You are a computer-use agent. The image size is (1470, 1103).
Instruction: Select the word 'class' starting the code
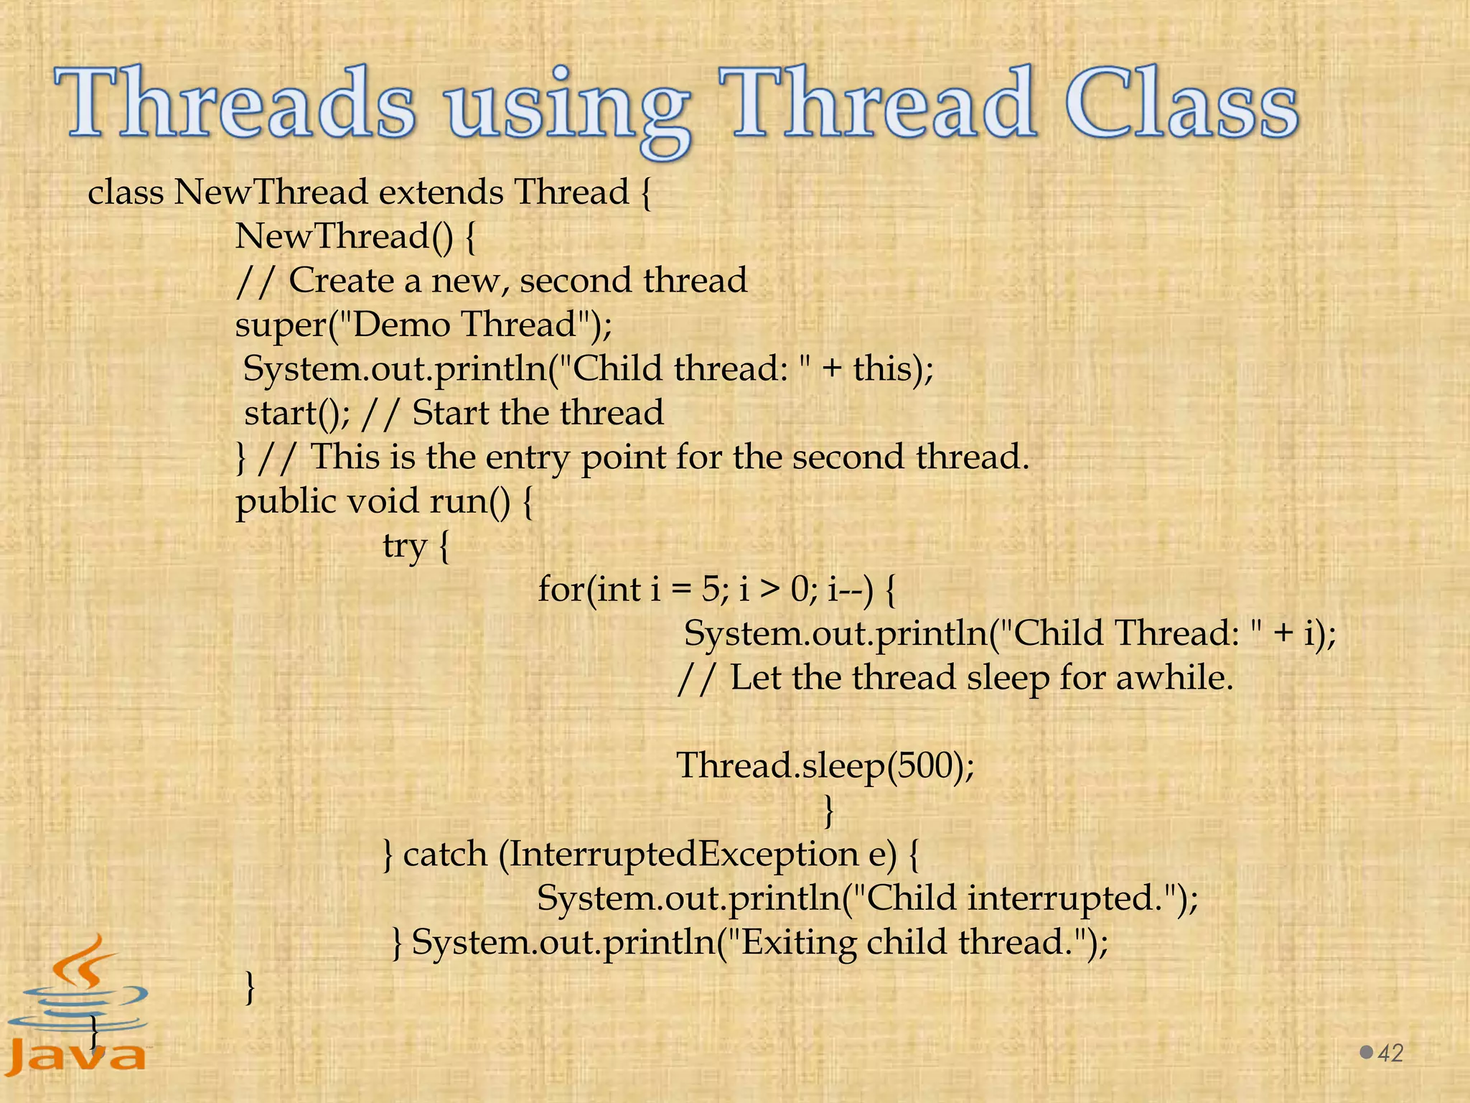click(x=125, y=192)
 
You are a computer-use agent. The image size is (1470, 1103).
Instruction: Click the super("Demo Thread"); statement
click(x=423, y=324)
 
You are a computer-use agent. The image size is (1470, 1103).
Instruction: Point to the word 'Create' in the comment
click(x=340, y=280)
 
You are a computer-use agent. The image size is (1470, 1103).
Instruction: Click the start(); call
click(x=297, y=413)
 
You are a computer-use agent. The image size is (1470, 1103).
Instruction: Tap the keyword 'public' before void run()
click(x=286, y=501)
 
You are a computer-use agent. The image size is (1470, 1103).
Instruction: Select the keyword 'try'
click(x=404, y=546)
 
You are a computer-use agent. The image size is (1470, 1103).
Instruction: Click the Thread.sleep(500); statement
click(x=825, y=765)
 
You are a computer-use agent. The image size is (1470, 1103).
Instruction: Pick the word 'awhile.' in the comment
click(x=1174, y=677)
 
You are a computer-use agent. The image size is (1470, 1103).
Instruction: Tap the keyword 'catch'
click(x=445, y=854)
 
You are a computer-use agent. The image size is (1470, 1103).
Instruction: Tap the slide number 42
click(x=1391, y=1053)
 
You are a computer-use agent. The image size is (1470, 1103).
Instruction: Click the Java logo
click(x=78, y=1005)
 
